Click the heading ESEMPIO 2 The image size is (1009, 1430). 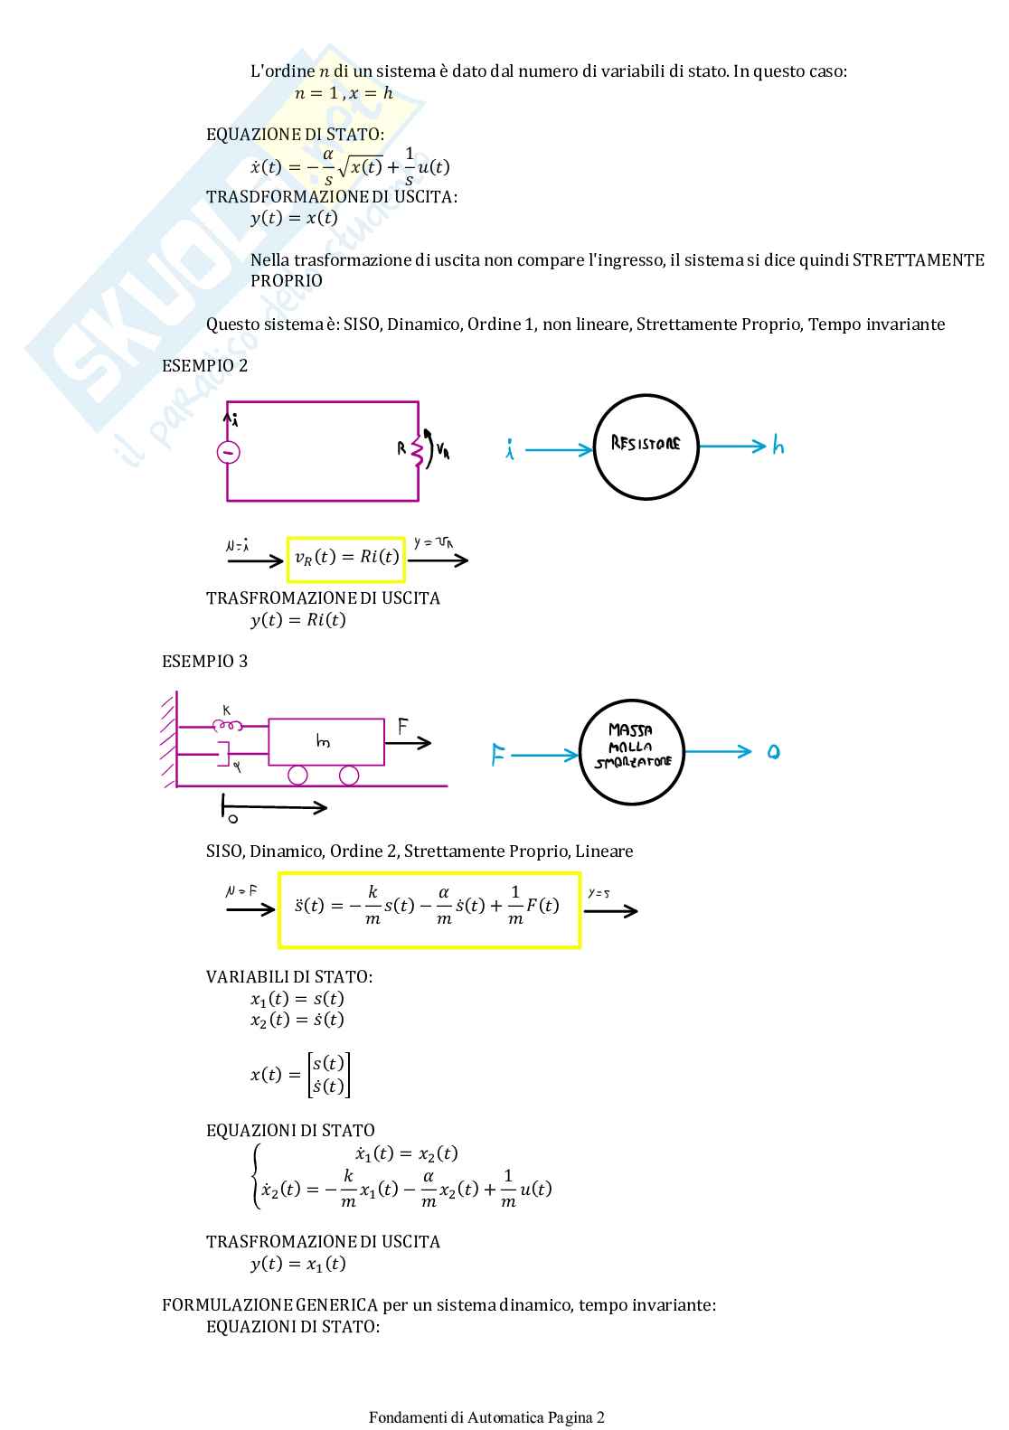(x=204, y=366)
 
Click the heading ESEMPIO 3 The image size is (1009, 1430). (x=204, y=662)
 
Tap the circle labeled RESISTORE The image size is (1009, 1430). (x=646, y=447)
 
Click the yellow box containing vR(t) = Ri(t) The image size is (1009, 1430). (x=346, y=558)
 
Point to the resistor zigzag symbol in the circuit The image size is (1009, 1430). (x=417, y=450)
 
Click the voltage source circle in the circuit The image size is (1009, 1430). (x=228, y=452)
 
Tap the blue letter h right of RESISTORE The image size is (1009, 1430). (x=778, y=447)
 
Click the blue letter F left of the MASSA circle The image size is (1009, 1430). (x=497, y=755)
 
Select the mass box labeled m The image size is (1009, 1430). (x=325, y=742)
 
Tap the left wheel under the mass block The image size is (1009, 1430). (x=297, y=776)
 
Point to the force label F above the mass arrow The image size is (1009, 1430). (x=403, y=727)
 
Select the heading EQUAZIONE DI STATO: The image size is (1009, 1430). (x=295, y=135)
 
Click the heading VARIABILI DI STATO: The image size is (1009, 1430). (x=289, y=977)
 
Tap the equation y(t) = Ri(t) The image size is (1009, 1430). (x=298, y=620)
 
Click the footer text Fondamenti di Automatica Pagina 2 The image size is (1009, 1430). (x=486, y=1417)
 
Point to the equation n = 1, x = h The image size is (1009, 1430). (x=344, y=93)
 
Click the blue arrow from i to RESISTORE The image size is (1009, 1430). (x=558, y=449)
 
